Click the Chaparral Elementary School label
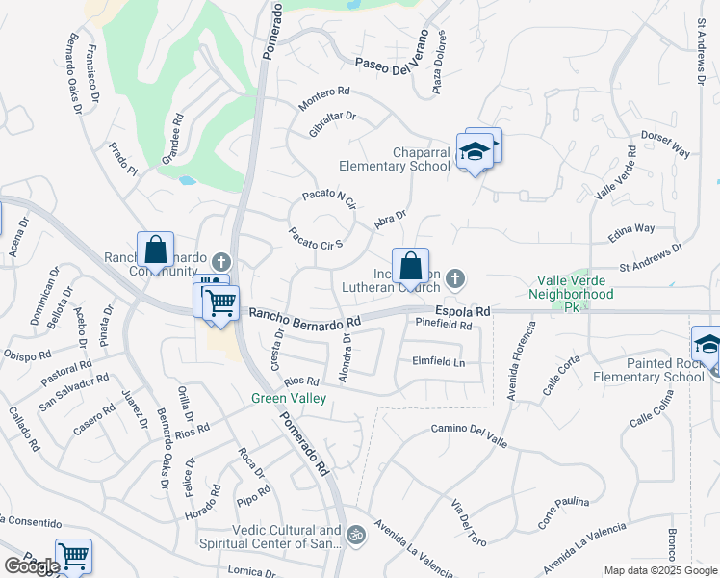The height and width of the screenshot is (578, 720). click(422, 159)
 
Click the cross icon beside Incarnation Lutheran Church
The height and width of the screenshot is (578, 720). click(456, 279)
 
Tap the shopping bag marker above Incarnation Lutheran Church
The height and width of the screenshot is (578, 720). click(410, 266)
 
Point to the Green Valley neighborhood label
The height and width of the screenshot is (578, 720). click(289, 398)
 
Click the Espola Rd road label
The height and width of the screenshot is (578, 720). click(463, 312)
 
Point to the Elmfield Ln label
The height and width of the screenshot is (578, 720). click(438, 363)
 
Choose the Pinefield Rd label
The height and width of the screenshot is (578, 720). click(444, 326)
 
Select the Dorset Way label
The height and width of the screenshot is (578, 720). click(666, 144)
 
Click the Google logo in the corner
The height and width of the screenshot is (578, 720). click(32, 565)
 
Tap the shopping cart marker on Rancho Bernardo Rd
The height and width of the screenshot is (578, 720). click(221, 303)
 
